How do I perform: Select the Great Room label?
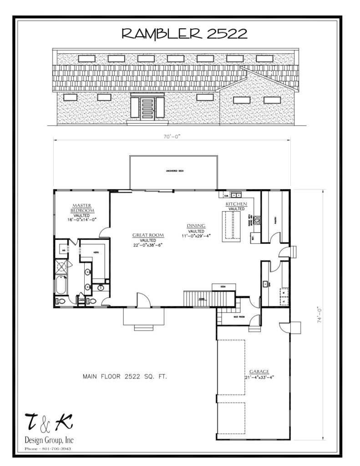148,237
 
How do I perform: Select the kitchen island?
231,226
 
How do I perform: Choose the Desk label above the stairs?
223,287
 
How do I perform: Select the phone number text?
48,448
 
